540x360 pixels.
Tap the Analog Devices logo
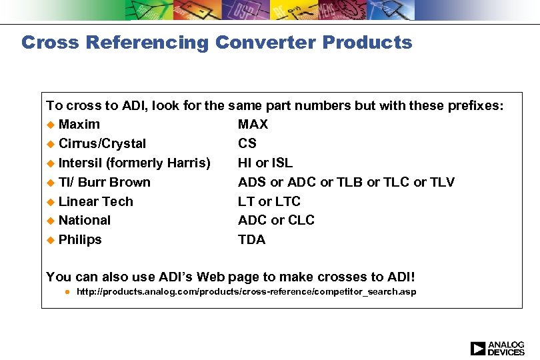[x=497, y=348]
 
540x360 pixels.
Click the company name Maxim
[x=79, y=124]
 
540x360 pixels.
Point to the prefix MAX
[x=253, y=124]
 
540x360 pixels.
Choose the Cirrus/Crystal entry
[x=102, y=143]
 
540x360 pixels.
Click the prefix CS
[x=247, y=143]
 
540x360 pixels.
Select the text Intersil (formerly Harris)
[x=134, y=163]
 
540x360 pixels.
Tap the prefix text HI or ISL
[x=265, y=163]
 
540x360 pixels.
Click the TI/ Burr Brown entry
[x=105, y=182]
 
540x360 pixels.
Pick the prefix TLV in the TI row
[x=442, y=182]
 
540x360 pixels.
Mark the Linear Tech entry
[x=96, y=201]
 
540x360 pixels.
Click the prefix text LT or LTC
[x=269, y=201]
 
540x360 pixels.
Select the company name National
[x=85, y=220]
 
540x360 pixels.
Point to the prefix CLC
[x=301, y=220]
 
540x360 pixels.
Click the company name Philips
[x=80, y=239]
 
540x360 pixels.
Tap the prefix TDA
[x=252, y=239]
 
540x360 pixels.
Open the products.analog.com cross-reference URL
[x=246, y=292]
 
